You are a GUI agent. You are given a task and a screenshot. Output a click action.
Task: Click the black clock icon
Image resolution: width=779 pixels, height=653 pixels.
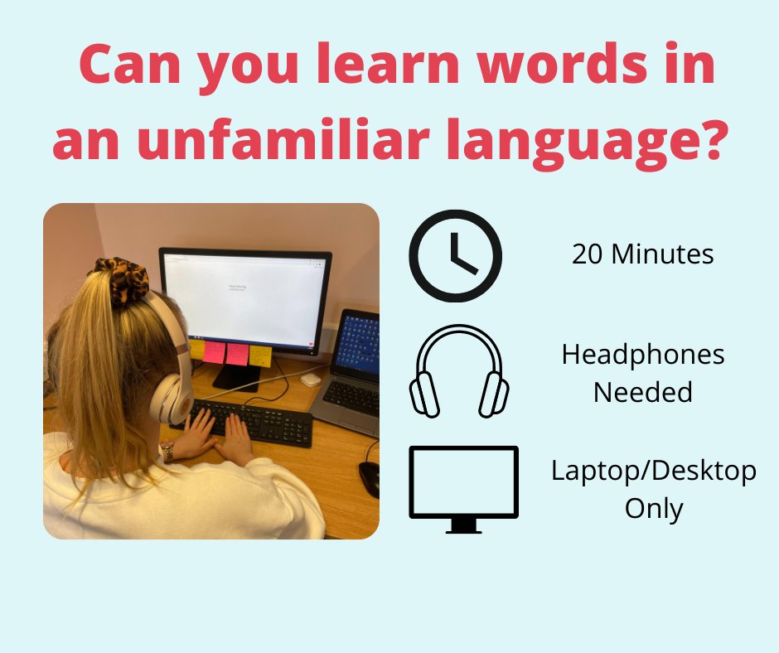coord(455,255)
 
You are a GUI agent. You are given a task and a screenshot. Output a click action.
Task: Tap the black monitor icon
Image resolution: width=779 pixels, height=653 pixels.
coord(463,488)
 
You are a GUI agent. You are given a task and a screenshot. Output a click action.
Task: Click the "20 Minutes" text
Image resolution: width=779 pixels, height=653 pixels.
coord(642,254)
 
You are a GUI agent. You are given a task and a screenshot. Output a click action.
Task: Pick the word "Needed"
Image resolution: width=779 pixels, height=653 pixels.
coord(642,392)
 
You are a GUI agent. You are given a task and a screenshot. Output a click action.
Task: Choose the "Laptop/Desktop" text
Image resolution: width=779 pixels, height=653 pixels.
coord(653,472)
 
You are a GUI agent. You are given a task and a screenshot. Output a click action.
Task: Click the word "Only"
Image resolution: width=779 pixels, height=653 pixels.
coord(652,508)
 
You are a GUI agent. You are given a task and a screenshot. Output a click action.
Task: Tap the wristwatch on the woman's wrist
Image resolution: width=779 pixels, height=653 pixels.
coord(167,452)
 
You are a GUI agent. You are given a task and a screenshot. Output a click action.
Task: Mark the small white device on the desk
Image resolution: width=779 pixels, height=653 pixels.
coord(310,379)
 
